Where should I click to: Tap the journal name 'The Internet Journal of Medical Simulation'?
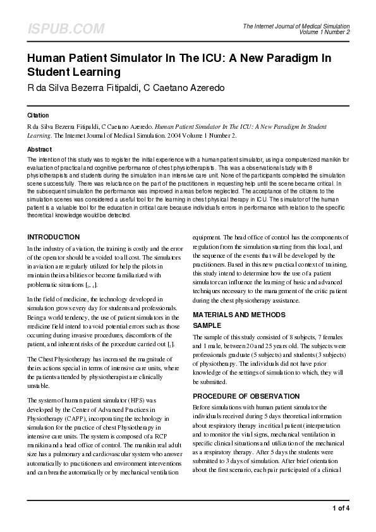[296, 25]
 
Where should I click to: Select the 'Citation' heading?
[38, 116]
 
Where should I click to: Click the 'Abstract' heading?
[39, 148]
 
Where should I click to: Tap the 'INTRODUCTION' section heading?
[53, 237]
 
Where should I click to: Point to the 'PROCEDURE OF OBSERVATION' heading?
[245, 396]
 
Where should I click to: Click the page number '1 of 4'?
[341, 509]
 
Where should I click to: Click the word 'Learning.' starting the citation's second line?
[39, 135]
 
